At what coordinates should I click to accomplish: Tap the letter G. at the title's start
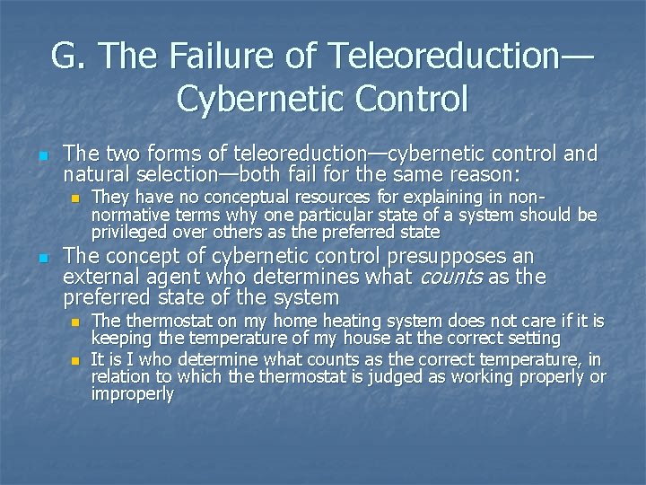(68, 56)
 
